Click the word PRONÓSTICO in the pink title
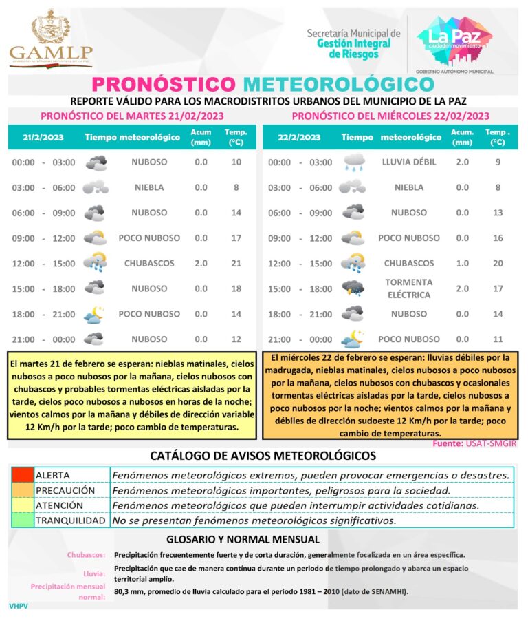tap(163, 85)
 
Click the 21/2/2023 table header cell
tap(43, 138)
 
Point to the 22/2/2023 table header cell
tap(299, 138)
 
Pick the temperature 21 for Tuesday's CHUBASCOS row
tap(236, 264)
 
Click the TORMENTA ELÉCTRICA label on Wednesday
tap(408, 288)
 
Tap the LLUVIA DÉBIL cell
tap(408, 162)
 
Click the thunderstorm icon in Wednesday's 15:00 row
tap(353, 288)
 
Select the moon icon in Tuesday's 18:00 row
tap(95, 314)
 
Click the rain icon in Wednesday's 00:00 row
tap(353, 162)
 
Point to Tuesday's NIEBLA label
tap(149, 187)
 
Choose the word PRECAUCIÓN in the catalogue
tap(65, 490)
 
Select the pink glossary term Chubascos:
tap(86, 555)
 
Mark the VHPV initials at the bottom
tap(18, 607)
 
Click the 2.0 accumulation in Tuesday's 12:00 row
tap(201, 264)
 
